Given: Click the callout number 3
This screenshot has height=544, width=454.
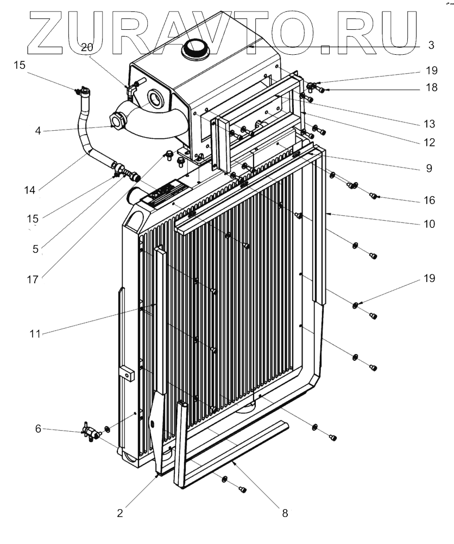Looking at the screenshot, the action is pyautogui.click(x=431, y=45).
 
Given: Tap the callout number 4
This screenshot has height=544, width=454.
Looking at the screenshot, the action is pyautogui.click(x=38, y=131).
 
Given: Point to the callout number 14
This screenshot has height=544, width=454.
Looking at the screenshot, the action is pyautogui.click(x=30, y=190).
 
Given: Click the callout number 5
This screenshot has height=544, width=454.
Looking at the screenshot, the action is pyautogui.click(x=35, y=249).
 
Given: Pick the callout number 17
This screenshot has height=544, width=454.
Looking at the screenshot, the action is pyautogui.click(x=33, y=279).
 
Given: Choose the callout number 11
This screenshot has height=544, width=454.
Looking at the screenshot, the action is pyautogui.click(x=35, y=334).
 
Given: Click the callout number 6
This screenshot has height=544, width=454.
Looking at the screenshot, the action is pyautogui.click(x=38, y=429).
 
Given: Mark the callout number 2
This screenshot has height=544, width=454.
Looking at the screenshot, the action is pyautogui.click(x=120, y=513).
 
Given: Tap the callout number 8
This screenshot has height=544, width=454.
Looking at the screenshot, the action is pyautogui.click(x=285, y=513).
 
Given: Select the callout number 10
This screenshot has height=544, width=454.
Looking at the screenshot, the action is pyautogui.click(x=430, y=224).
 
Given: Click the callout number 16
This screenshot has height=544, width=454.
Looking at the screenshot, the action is pyautogui.click(x=430, y=200).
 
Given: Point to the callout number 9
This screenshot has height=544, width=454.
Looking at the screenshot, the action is pyautogui.click(x=429, y=168).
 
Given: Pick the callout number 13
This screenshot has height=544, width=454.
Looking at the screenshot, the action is pyautogui.click(x=430, y=124).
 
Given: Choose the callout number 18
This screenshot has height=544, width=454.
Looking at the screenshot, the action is pyautogui.click(x=431, y=87).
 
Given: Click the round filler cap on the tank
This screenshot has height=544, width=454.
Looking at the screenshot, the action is pyautogui.click(x=195, y=49).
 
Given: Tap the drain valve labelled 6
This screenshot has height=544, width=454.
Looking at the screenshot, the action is pyautogui.click(x=91, y=432).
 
